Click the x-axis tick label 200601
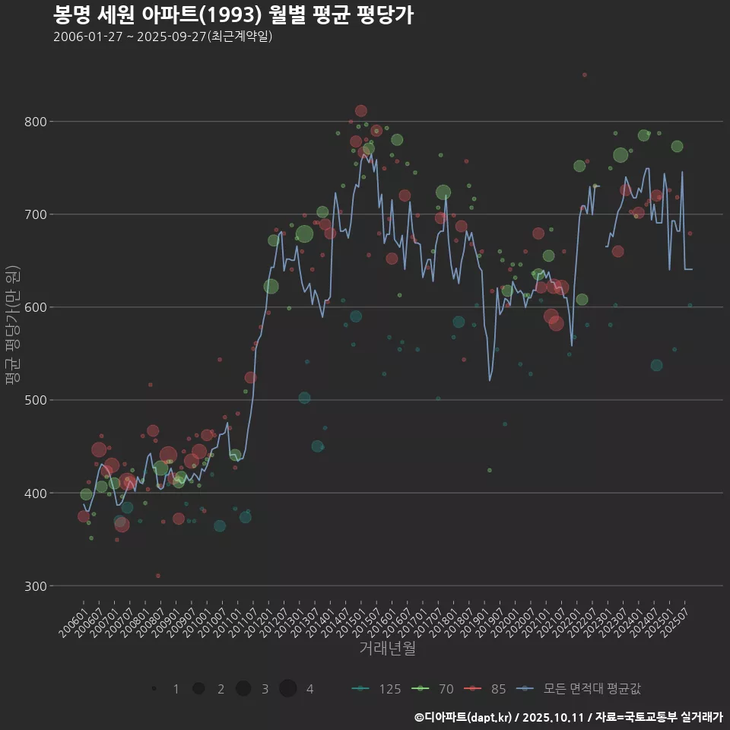(74, 619)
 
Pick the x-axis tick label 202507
(677, 619)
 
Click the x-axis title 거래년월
(387, 649)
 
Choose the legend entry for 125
(376, 689)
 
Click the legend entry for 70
(433, 689)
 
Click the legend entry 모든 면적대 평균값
(578, 689)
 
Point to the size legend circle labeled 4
(287, 689)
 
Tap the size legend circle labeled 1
(154, 689)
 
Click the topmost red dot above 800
(584, 75)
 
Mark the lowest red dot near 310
(157, 576)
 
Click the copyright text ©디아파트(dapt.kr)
(464, 717)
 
